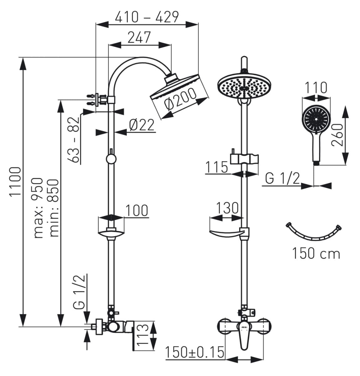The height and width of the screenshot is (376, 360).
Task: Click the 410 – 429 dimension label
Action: click(x=147, y=17)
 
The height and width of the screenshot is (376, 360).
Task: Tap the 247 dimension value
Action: click(x=139, y=37)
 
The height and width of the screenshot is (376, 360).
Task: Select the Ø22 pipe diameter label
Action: click(x=142, y=125)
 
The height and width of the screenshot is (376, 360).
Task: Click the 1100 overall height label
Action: click(x=15, y=182)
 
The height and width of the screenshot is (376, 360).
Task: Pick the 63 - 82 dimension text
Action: click(x=73, y=140)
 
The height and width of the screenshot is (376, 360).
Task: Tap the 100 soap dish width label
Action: click(x=137, y=210)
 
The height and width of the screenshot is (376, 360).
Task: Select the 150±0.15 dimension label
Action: click(x=195, y=352)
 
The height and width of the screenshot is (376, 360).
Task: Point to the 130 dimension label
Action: click(x=227, y=208)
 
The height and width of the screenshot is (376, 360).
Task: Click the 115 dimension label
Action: click(x=217, y=167)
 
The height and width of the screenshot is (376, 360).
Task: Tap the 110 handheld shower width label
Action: click(x=316, y=87)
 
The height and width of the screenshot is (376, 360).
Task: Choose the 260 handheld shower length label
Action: click(x=337, y=135)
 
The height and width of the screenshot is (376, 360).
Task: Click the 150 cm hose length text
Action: click(x=316, y=253)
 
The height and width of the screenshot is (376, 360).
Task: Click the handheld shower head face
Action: click(x=316, y=119)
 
